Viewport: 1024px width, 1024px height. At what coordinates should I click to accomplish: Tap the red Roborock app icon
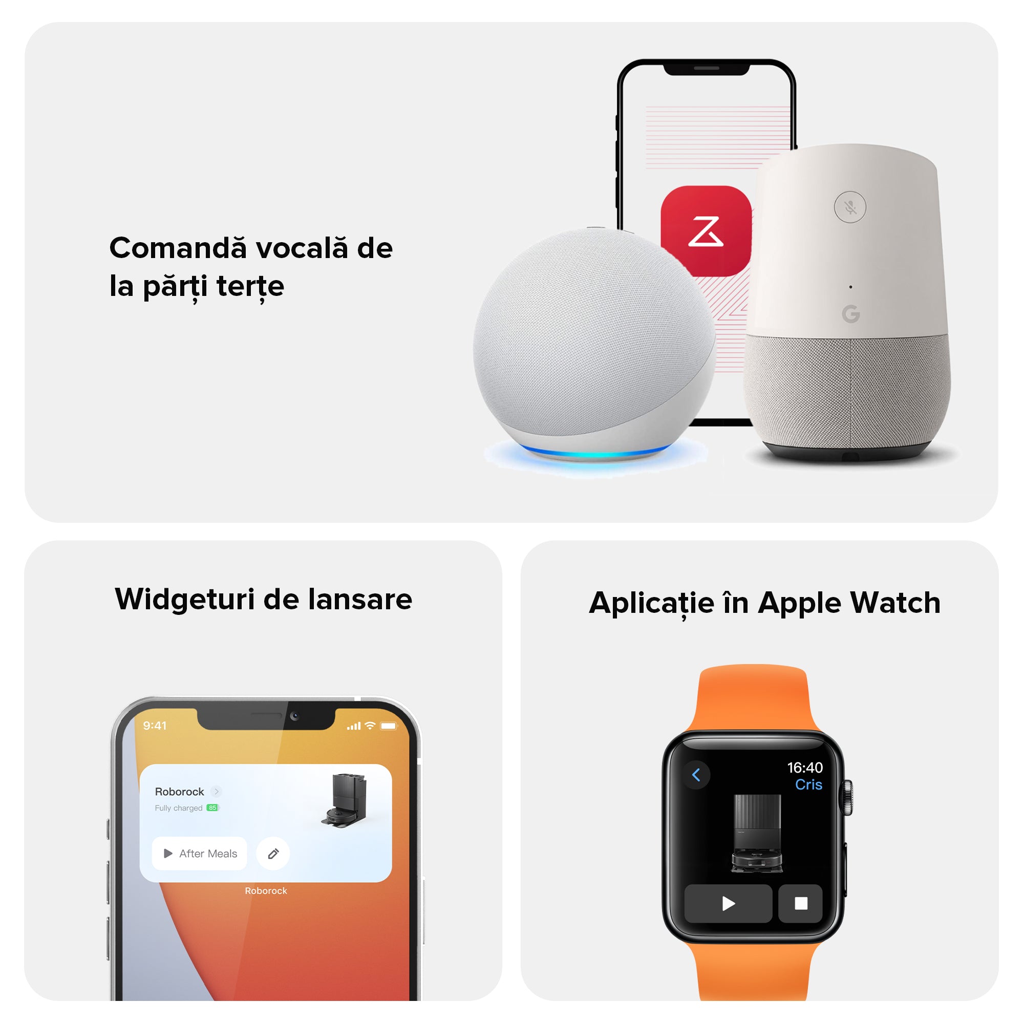[706, 231]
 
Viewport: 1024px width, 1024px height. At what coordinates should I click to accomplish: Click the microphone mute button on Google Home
[850, 207]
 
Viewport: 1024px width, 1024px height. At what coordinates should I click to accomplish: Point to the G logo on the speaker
[850, 314]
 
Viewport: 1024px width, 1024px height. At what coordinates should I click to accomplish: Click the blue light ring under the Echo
[596, 452]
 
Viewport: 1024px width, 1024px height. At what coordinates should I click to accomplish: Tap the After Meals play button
[199, 854]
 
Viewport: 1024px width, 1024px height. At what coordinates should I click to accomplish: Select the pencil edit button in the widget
[273, 854]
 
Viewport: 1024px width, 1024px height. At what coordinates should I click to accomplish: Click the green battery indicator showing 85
[212, 808]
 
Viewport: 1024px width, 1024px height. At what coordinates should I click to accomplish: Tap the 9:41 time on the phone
[155, 726]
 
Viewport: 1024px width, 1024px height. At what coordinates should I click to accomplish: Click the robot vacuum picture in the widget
[344, 800]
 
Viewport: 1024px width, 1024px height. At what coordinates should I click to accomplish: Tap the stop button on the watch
[800, 903]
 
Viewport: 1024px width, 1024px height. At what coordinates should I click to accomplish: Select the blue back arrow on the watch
[696, 775]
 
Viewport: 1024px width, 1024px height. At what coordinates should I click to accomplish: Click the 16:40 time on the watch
[804, 767]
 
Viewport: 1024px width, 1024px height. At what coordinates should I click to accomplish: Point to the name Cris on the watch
[808, 784]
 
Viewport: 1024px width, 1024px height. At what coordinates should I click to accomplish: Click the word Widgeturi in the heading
[185, 600]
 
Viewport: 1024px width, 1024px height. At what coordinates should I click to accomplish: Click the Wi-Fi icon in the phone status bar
[370, 726]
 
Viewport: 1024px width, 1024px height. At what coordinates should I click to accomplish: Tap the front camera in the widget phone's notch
[295, 716]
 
